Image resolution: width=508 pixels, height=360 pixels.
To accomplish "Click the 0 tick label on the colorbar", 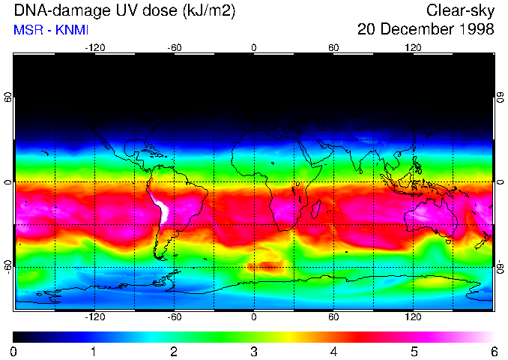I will [14, 351].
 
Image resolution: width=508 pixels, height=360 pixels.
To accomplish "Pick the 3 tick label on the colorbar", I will [254, 351].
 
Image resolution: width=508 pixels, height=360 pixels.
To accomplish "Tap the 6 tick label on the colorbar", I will [493, 351].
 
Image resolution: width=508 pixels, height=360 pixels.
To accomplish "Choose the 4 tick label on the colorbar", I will [333, 351].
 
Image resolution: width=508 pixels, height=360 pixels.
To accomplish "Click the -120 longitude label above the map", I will [94, 47].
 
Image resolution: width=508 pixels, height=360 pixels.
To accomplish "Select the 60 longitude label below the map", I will [333, 316].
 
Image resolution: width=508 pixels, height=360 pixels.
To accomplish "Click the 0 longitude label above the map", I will [254, 47].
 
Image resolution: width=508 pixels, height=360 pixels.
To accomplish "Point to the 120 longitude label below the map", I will [413, 316].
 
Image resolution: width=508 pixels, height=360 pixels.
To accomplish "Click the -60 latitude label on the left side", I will [8, 266].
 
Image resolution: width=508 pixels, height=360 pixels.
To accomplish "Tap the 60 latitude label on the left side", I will [8, 100].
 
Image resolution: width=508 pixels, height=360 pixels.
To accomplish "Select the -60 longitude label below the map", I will [174, 316].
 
